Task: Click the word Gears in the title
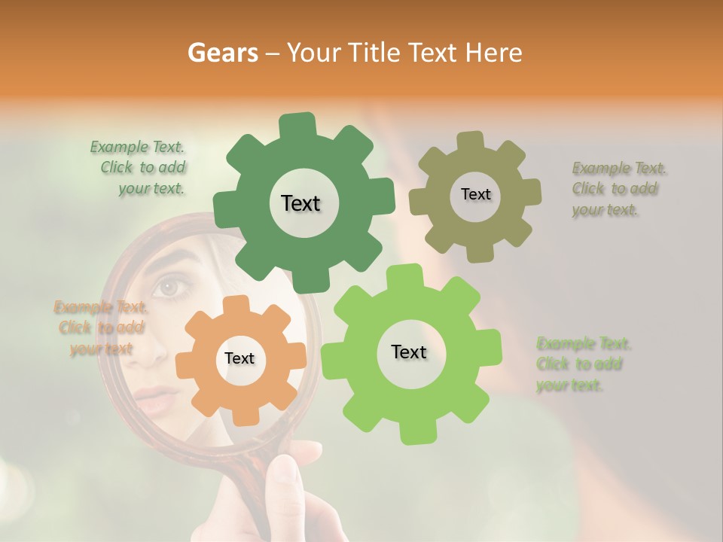(x=223, y=53)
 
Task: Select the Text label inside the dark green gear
(x=300, y=203)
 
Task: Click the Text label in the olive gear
(x=475, y=194)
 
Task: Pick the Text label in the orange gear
(x=239, y=358)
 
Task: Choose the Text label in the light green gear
(x=409, y=352)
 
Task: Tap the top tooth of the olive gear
(x=471, y=141)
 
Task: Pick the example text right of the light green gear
(x=583, y=364)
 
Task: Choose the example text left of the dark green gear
(x=139, y=167)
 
